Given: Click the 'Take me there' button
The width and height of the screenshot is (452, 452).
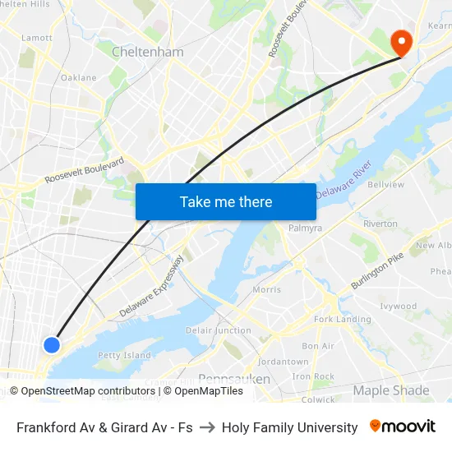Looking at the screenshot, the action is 226,201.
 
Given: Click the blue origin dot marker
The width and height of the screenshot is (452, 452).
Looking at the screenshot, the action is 52,345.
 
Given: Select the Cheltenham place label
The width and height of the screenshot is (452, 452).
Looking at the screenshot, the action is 148,52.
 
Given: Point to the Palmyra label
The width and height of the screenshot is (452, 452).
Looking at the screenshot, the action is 305,228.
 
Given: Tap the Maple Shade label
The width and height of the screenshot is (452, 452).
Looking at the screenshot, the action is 391,390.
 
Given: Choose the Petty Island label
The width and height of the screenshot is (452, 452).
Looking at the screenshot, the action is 124,356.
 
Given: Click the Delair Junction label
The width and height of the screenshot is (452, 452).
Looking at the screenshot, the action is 219,330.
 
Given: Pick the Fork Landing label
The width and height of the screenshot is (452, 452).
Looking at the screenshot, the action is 343,319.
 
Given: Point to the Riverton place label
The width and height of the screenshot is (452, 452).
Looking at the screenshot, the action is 380,224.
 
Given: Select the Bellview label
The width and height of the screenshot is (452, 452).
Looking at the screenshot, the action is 386,185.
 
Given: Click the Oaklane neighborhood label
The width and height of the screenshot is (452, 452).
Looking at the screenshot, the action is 79,78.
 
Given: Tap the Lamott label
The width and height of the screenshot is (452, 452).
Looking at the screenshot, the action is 36,38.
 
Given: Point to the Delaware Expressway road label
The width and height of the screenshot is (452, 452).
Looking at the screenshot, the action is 152,288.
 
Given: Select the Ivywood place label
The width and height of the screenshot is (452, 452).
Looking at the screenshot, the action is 399,307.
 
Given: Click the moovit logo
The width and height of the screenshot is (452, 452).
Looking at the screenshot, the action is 403,427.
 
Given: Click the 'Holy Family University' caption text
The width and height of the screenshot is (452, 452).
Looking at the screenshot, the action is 290,427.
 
